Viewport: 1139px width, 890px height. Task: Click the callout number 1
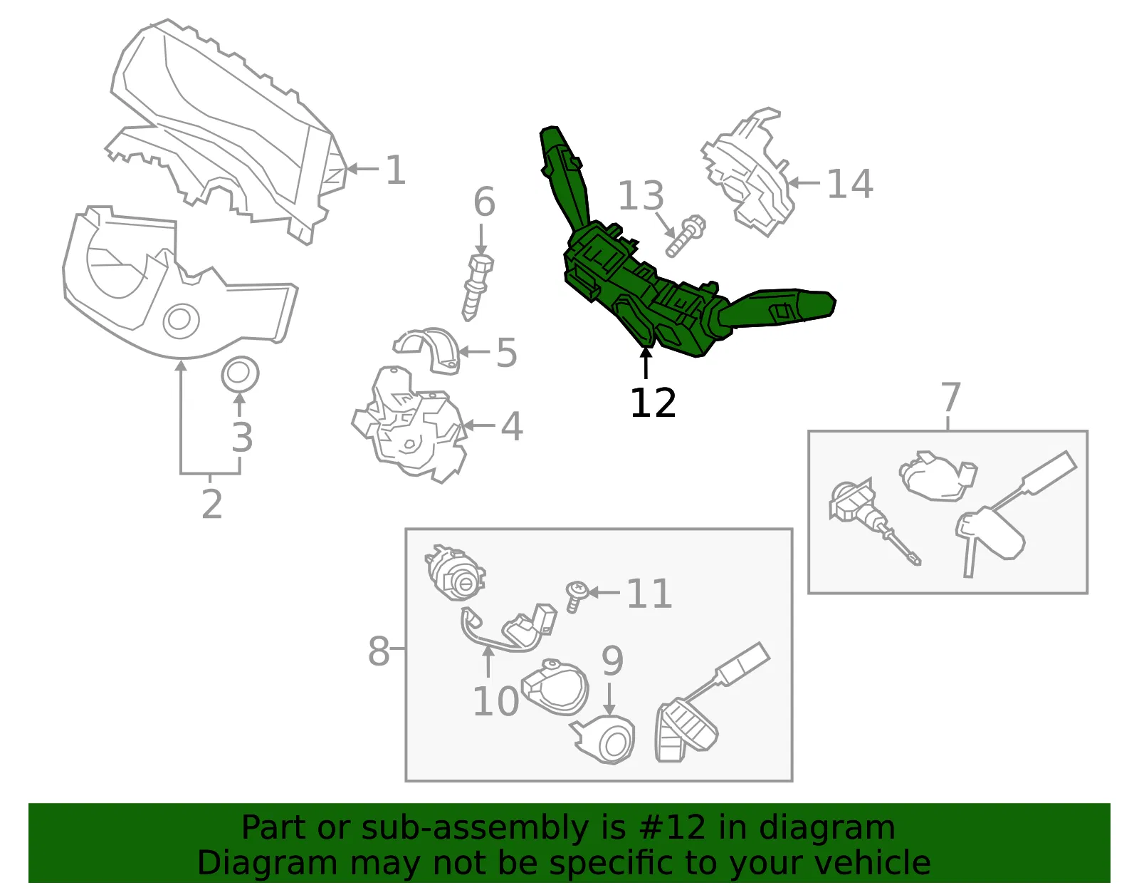[x=396, y=170]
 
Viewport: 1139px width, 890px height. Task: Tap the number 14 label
[x=850, y=184]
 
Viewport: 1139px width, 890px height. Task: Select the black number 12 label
[x=653, y=403]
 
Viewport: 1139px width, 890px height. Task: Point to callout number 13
[x=641, y=196]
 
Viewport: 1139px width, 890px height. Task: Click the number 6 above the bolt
[x=484, y=202]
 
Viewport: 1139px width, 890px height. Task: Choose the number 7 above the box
[x=950, y=397]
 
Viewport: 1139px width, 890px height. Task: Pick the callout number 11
[x=649, y=594]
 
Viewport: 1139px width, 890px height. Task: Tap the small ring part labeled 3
[x=240, y=375]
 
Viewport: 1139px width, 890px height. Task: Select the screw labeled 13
[x=685, y=237]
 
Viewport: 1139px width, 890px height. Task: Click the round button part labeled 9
[x=605, y=739]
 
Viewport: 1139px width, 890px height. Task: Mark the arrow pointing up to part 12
[x=646, y=363]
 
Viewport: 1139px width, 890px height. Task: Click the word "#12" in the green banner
[x=673, y=827]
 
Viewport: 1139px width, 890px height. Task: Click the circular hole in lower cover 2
[x=182, y=321]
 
